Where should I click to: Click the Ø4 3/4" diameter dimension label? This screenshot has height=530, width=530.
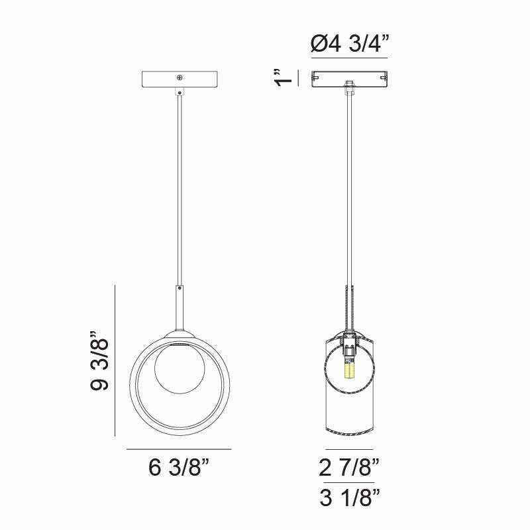click(349, 45)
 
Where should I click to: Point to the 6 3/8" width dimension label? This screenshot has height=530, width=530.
click(179, 468)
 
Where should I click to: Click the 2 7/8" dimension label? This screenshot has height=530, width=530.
click(349, 468)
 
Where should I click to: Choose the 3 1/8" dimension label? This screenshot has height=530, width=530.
click(349, 498)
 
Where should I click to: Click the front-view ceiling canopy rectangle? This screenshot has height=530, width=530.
click(159, 79)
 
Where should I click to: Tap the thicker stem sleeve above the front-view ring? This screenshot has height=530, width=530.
click(179, 308)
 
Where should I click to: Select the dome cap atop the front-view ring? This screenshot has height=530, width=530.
click(179, 333)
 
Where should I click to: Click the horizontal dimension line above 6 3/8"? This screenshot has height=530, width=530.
click(179, 449)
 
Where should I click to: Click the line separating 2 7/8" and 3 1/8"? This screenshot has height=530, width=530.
click(349, 482)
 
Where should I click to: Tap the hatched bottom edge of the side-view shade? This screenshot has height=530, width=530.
click(349, 433)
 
